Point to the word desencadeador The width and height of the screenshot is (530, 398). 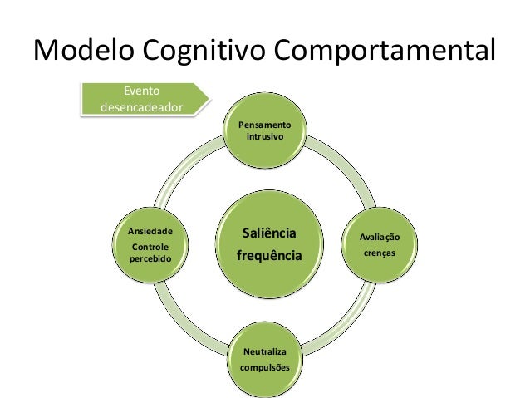(x=141, y=107)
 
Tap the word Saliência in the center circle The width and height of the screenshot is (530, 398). (x=267, y=231)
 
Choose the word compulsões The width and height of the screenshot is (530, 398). (x=266, y=366)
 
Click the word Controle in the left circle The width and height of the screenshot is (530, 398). (x=150, y=247)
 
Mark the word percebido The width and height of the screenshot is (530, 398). (x=150, y=259)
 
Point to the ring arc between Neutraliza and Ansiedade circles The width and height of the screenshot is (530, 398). (x=188, y=319)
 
